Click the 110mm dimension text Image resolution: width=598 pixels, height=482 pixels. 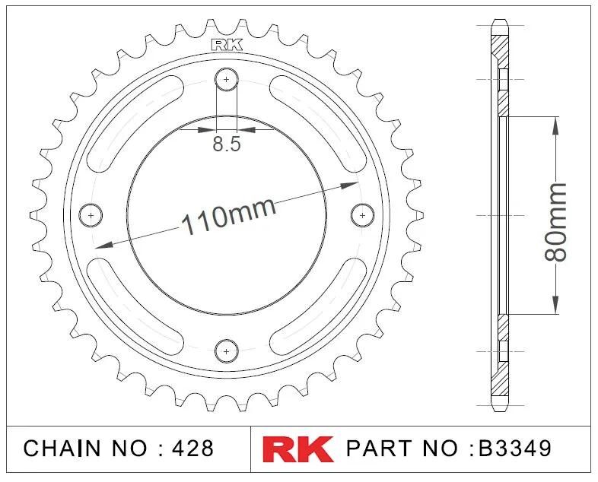(x=229, y=216)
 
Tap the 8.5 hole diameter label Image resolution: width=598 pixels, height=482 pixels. (x=227, y=144)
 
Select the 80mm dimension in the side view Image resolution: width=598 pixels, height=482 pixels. (x=555, y=223)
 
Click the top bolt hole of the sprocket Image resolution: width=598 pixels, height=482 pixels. (x=227, y=80)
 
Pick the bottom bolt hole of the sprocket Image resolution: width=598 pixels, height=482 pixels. (x=227, y=351)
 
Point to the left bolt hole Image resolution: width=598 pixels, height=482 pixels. (x=91, y=215)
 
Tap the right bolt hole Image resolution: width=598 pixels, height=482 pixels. (x=362, y=215)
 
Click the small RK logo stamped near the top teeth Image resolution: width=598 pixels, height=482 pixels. (x=227, y=46)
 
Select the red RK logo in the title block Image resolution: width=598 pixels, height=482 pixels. (x=297, y=449)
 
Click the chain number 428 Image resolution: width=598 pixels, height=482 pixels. (x=192, y=448)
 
